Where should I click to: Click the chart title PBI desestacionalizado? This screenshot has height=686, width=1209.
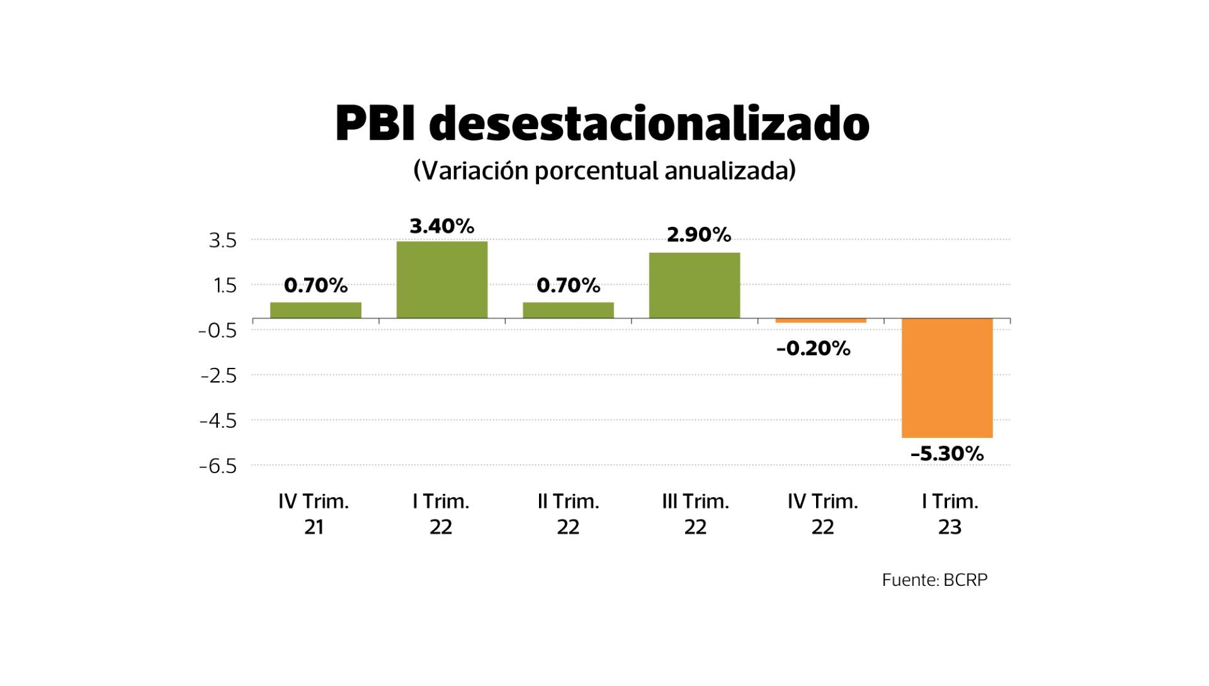click(602, 123)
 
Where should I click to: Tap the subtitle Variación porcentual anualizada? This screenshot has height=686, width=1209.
click(604, 171)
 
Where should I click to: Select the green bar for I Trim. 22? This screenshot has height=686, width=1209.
click(441, 280)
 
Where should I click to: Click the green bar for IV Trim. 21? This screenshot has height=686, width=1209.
click(315, 310)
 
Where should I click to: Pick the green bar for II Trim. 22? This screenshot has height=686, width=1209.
click(568, 310)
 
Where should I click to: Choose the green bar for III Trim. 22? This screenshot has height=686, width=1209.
click(694, 285)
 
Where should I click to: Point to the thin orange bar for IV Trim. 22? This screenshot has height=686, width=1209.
click(820, 321)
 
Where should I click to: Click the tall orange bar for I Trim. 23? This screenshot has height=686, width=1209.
click(947, 378)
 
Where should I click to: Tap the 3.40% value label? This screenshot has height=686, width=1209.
click(441, 226)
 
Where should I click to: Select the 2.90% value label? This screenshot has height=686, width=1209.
click(699, 235)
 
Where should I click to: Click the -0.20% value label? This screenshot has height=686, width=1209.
click(814, 348)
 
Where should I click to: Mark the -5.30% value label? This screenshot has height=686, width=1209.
click(947, 454)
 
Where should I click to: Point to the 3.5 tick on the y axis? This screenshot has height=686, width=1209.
click(222, 241)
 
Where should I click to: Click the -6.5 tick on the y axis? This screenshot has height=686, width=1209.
click(218, 466)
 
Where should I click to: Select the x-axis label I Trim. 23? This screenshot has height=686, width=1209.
click(950, 514)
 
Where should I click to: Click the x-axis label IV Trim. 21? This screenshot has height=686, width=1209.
click(314, 514)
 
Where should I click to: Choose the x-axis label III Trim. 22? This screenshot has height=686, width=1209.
click(695, 514)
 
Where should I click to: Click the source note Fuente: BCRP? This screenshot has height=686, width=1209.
click(934, 580)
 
